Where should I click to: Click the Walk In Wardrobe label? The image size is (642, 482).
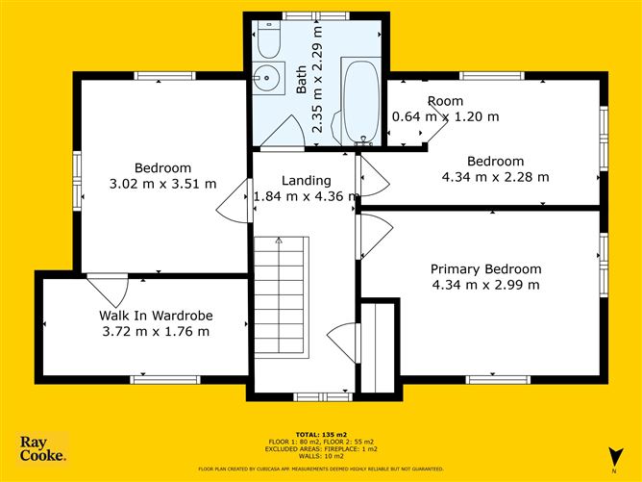[155, 316]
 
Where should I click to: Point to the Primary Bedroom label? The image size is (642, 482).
[485, 269]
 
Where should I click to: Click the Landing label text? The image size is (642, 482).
[306, 181]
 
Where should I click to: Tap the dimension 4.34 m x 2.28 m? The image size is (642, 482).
[495, 177]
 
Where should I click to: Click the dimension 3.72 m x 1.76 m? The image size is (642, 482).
[155, 332]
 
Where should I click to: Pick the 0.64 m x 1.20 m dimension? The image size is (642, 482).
[446, 117]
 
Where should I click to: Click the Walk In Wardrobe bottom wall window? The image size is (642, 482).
[158, 379]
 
